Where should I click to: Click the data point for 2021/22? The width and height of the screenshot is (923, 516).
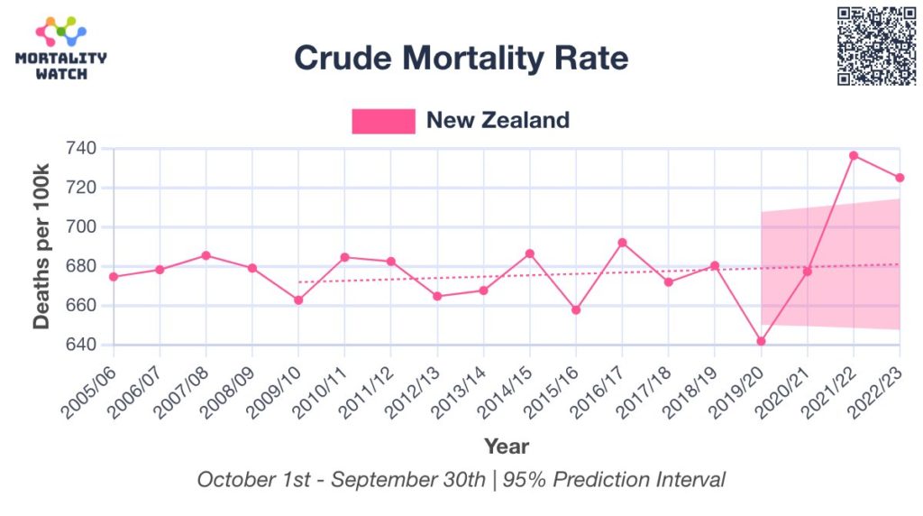coord(854,155)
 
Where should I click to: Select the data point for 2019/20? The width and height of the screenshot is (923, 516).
coord(761,341)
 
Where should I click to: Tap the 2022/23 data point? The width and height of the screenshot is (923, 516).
coord(900,178)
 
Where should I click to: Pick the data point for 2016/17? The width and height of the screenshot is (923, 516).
coord(622,243)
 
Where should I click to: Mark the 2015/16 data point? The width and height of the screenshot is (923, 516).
coord(576,309)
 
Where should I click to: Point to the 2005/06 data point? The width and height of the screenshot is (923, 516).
coord(114,276)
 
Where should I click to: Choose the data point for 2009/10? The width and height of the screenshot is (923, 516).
coord(298,299)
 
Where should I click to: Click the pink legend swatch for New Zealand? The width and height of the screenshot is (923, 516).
coord(383,121)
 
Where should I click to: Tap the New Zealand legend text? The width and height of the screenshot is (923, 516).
coord(498,120)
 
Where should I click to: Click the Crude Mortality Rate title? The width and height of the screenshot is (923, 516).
coord(461,59)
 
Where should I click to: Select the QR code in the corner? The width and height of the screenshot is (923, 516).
coord(876,46)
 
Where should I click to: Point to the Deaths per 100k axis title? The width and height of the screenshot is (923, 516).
coord(42,246)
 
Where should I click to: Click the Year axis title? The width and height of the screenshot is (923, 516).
coord(507,446)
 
